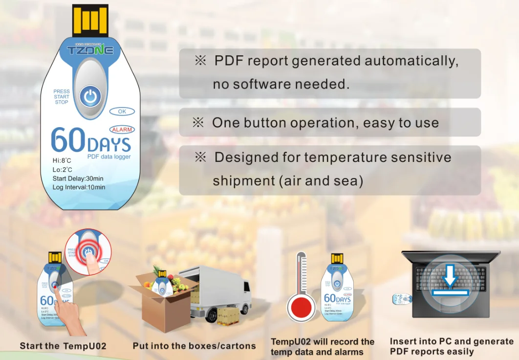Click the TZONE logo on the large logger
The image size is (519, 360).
[90, 50]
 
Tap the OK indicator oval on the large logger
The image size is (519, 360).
[122, 112]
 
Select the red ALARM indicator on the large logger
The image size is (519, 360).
[122, 130]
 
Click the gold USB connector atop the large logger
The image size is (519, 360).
[90, 20]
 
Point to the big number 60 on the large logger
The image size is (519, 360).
[68, 141]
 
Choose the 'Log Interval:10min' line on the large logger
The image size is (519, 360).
[79, 187]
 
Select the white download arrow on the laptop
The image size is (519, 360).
[450, 276]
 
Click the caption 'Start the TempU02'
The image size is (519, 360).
[63, 346]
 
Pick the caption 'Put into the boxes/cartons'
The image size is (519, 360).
[194, 346]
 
